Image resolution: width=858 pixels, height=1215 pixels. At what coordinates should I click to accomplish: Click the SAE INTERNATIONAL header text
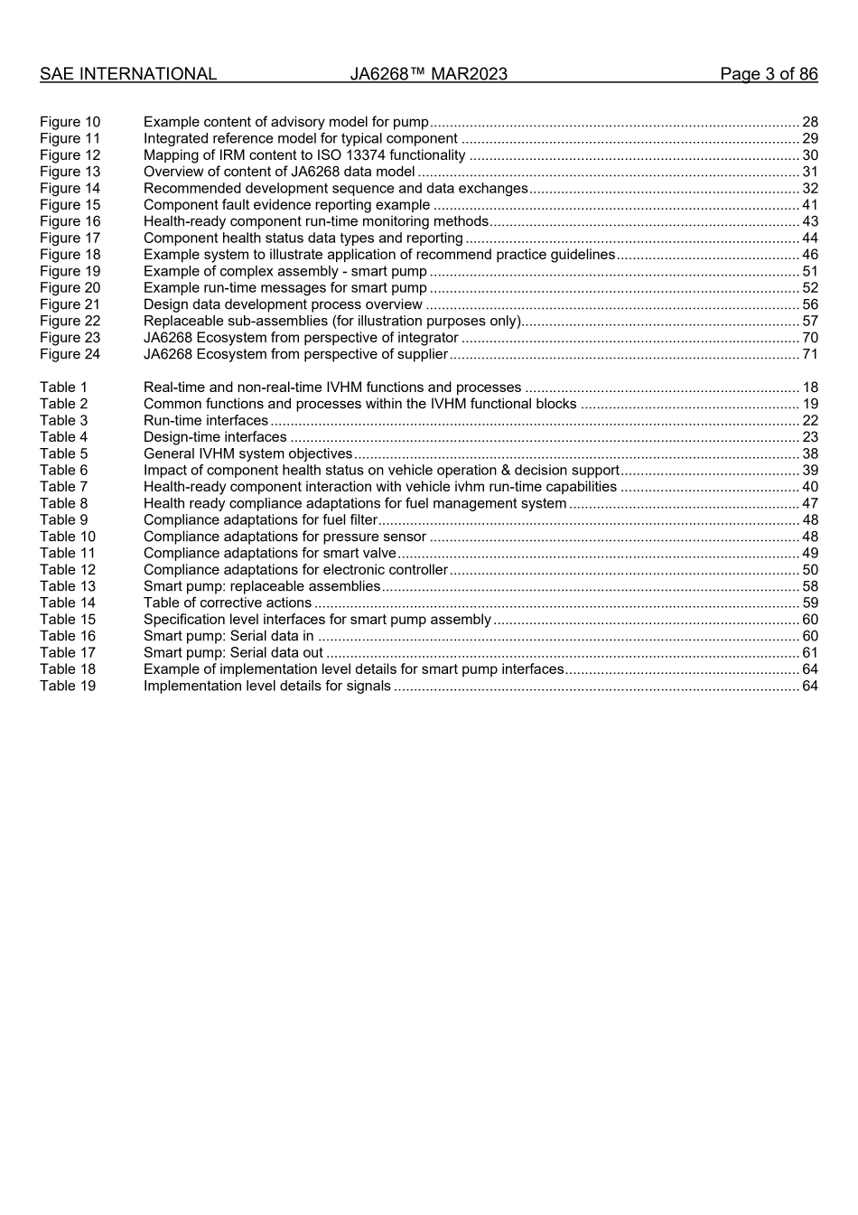[x=128, y=74]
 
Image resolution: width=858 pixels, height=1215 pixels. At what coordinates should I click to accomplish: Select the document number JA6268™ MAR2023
[x=428, y=74]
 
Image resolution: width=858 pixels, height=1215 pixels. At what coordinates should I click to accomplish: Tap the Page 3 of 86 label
[x=769, y=74]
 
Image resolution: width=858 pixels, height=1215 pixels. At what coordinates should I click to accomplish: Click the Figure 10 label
[x=70, y=122]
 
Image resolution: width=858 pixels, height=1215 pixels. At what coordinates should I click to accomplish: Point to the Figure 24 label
[x=70, y=354]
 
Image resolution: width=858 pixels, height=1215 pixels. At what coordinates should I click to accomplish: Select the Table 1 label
[x=64, y=388]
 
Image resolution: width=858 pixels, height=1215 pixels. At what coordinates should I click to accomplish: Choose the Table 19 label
[x=68, y=686]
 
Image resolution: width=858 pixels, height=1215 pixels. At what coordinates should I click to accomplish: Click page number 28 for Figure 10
[x=810, y=122]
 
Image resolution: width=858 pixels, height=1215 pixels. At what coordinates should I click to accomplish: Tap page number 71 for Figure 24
[x=810, y=354]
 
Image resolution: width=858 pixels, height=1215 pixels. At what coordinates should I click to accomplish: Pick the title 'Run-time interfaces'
[x=206, y=421]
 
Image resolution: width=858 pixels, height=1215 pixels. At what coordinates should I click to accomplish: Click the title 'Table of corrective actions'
[x=228, y=603]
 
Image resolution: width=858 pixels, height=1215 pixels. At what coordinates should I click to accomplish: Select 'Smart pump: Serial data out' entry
[x=233, y=653]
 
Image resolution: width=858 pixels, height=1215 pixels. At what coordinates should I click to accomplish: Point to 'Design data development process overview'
[x=283, y=304]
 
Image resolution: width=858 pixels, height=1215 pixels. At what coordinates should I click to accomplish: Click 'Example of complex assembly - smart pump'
[x=285, y=271]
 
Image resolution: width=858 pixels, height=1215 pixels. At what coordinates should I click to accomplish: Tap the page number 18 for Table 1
[x=810, y=388]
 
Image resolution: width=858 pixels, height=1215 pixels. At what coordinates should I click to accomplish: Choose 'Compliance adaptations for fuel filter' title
[x=260, y=520]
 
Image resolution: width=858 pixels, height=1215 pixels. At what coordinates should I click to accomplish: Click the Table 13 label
[x=68, y=586]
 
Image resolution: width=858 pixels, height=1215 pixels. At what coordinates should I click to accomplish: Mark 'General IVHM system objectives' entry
[x=248, y=453]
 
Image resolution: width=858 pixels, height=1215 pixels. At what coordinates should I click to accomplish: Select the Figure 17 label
[x=70, y=238]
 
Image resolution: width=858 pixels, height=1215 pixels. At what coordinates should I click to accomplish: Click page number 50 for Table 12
[x=810, y=570]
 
